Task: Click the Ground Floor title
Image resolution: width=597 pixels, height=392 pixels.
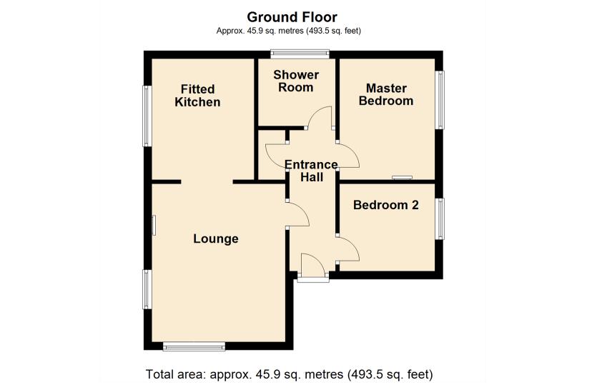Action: [292, 16]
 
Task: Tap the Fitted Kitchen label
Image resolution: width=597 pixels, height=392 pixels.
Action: [198, 96]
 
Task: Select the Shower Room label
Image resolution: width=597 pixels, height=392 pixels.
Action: [296, 81]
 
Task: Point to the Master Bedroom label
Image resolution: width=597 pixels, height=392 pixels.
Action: [386, 94]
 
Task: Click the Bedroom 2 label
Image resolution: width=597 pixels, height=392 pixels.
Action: [386, 205]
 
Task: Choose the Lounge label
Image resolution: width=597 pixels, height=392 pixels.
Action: [216, 238]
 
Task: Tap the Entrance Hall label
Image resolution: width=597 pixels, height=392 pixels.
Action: [311, 171]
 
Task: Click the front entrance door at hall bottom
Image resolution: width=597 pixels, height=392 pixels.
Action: [312, 266]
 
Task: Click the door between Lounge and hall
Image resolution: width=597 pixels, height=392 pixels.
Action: [298, 214]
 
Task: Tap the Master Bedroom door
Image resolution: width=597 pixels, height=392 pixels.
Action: [347, 155]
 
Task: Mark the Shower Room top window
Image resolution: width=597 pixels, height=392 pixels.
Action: [300, 52]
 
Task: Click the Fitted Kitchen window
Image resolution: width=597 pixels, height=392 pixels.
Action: [147, 116]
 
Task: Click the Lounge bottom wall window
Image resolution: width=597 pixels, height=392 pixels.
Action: [194, 347]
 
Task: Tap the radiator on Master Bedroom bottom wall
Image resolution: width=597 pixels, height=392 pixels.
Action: [402, 178]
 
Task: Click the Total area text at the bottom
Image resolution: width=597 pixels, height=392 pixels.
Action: [289, 374]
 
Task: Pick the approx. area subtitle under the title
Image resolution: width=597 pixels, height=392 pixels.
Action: [292, 31]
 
